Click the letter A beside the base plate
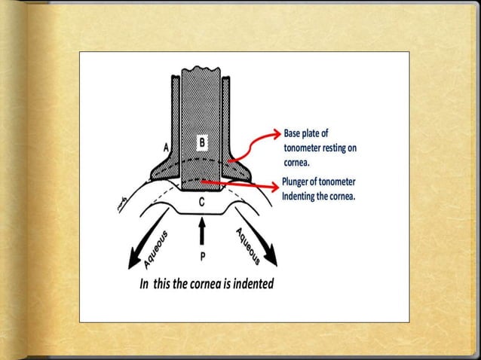[x=166, y=148]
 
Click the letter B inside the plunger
[x=201, y=141]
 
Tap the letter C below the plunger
[x=201, y=202]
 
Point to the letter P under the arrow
[x=201, y=256]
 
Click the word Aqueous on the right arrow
[x=249, y=245]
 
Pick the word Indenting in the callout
[x=302, y=196]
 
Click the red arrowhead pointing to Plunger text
[x=273, y=186]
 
